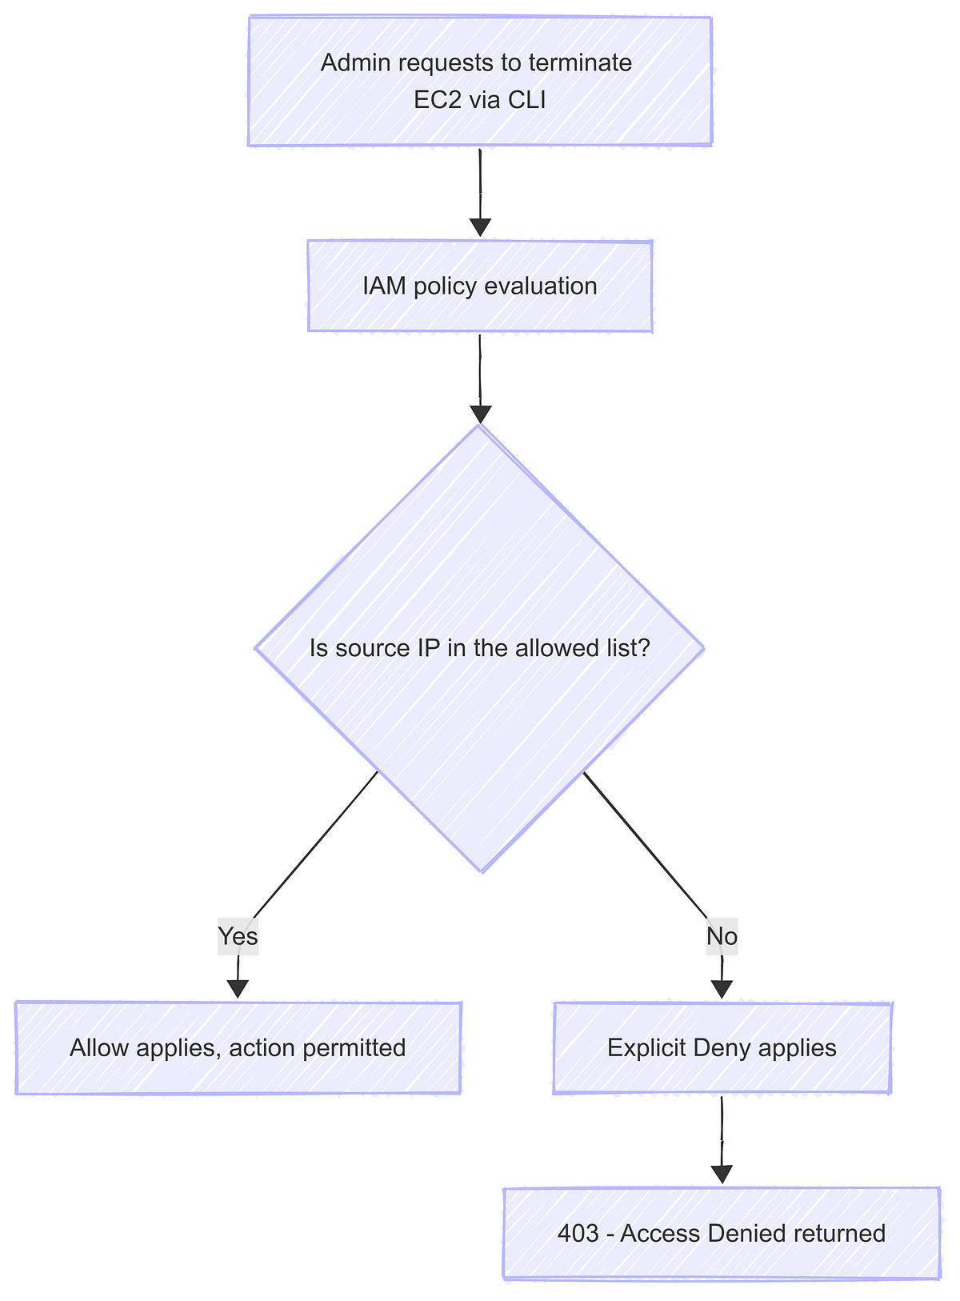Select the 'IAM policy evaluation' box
480,286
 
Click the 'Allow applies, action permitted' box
238,1047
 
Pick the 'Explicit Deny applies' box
722,1047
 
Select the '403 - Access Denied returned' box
722,1233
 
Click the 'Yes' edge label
238,936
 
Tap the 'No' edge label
722,936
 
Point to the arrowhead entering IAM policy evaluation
480,226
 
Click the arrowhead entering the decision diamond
480,413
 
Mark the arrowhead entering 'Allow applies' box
238,988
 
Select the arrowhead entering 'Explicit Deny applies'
722,988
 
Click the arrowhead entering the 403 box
722,1174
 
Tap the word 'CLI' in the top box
526,101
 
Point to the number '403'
578,1233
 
